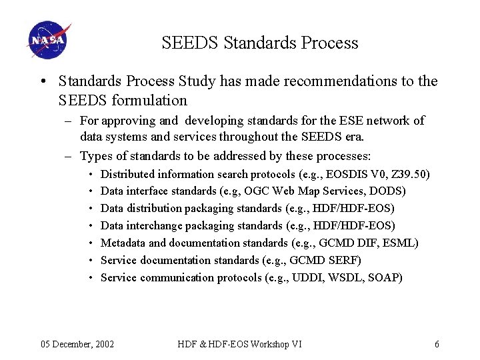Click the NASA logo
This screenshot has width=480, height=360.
[48, 41]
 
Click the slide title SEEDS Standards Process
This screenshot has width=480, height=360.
[259, 43]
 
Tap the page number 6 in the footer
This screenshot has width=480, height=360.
[437, 344]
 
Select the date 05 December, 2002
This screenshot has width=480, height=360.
[77, 344]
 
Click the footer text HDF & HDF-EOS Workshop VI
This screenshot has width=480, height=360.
[239, 344]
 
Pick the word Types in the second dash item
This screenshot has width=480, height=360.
[95, 157]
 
